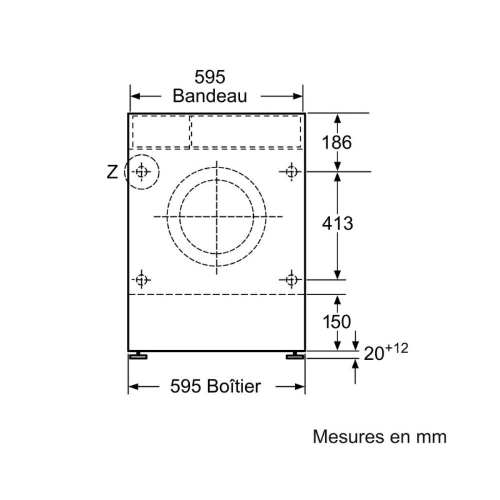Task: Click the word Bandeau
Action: coord(210,96)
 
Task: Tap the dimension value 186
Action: coord(337,142)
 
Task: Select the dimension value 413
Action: coord(337,223)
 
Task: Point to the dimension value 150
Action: coord(337,321)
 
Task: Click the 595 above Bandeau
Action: coord(210,77)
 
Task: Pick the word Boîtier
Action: coord(234,386)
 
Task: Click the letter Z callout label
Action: coord(112,172)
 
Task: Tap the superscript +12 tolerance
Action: coord(397,348)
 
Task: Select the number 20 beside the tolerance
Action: coord(374,354)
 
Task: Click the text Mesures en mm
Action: coord(380,436)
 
